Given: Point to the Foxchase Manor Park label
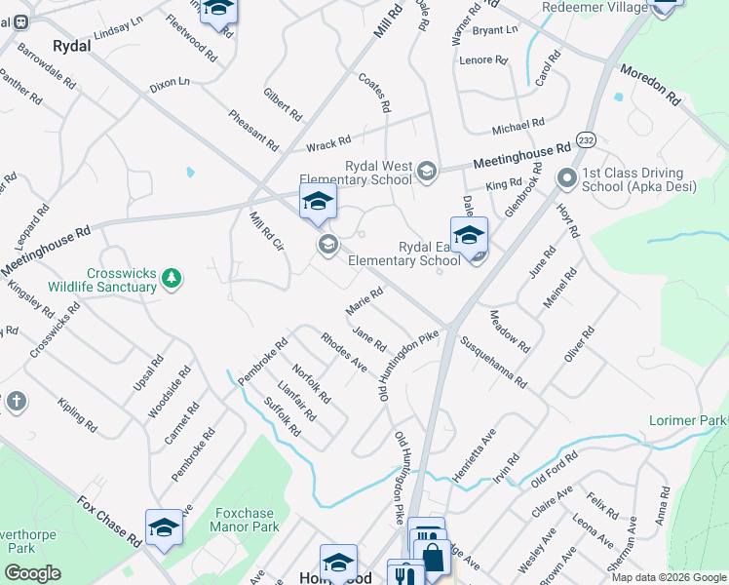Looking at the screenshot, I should click(x=246, y=520).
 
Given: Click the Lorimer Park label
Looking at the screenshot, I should click(x=688, y=420).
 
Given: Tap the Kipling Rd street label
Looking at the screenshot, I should click(x=76, y=414).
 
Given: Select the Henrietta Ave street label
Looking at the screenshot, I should click(x=474, y=454).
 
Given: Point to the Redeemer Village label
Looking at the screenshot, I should click(x=595, y=8).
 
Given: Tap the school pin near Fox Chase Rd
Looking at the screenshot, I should click(x=164, y=528).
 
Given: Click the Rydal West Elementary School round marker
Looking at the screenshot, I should click(x=427, y=174).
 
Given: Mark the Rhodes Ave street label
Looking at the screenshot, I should click(x=343, y=351).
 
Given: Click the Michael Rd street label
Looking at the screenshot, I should click(x=518, y=127).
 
